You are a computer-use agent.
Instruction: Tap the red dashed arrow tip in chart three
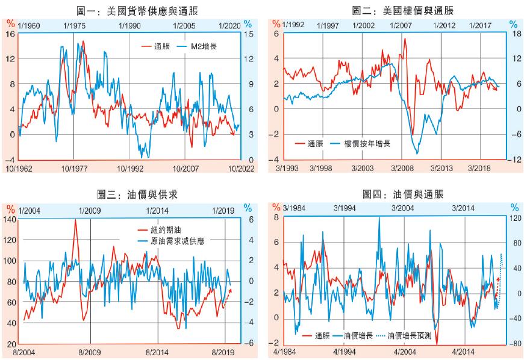point(231,290)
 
